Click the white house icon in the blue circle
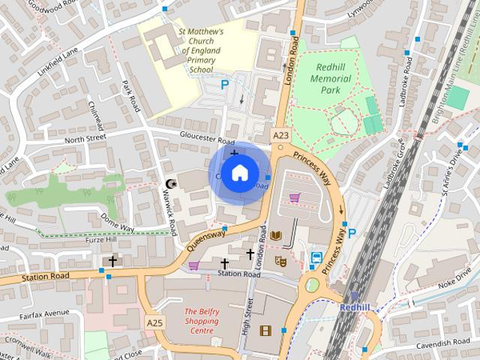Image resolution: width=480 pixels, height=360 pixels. coord(238,173)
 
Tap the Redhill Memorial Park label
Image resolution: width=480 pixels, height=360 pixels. coord(325,78)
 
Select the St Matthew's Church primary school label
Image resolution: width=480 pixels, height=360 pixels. coord(200,50)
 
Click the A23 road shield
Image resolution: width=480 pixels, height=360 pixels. coord(280,135)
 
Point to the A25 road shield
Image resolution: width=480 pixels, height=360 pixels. coord(154,322)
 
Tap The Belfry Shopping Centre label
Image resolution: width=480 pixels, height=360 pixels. coord(201,320)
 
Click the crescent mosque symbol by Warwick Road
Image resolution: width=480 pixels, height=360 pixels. coord(169,184)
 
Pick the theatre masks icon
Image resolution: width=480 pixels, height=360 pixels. coord(281,261)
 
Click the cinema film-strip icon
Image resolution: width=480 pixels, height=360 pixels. coord(265,330)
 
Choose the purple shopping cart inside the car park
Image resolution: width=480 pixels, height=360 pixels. coord(295,198)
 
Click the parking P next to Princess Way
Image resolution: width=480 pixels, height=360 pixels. coord(352,233)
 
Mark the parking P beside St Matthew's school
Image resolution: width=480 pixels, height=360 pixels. coord(224,87)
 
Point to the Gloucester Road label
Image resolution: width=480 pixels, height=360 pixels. coord(207,138)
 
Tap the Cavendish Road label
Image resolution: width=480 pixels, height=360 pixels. coord(445,343)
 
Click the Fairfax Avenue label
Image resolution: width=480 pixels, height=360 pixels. coord(45,313)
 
